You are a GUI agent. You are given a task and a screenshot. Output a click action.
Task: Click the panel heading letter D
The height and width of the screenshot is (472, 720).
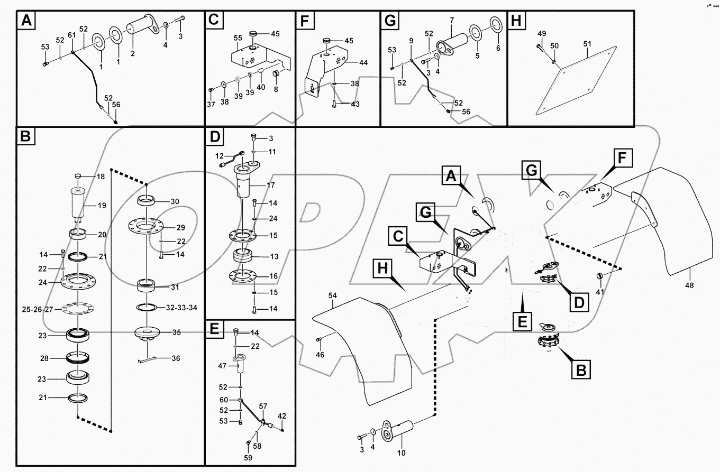pos(215,138)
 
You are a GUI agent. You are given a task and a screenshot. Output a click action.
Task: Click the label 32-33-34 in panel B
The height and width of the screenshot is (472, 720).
pos(181,307)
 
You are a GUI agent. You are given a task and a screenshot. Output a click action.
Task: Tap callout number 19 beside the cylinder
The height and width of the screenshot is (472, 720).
pos(102,205)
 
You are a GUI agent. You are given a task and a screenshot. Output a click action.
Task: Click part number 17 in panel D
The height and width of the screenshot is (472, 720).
pos(271,186)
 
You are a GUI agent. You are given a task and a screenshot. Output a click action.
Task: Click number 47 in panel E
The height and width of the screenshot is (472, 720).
pos(222,366)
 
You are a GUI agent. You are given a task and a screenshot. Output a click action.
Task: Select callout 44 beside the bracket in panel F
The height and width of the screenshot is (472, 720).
pos(363,62)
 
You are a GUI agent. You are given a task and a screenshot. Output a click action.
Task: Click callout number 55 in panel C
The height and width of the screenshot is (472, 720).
pos(238,38)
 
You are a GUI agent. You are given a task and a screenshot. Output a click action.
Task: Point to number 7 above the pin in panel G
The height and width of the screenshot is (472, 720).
pos(451,20)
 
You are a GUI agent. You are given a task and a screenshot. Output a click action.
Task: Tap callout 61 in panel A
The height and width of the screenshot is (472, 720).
pos(71,34)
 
